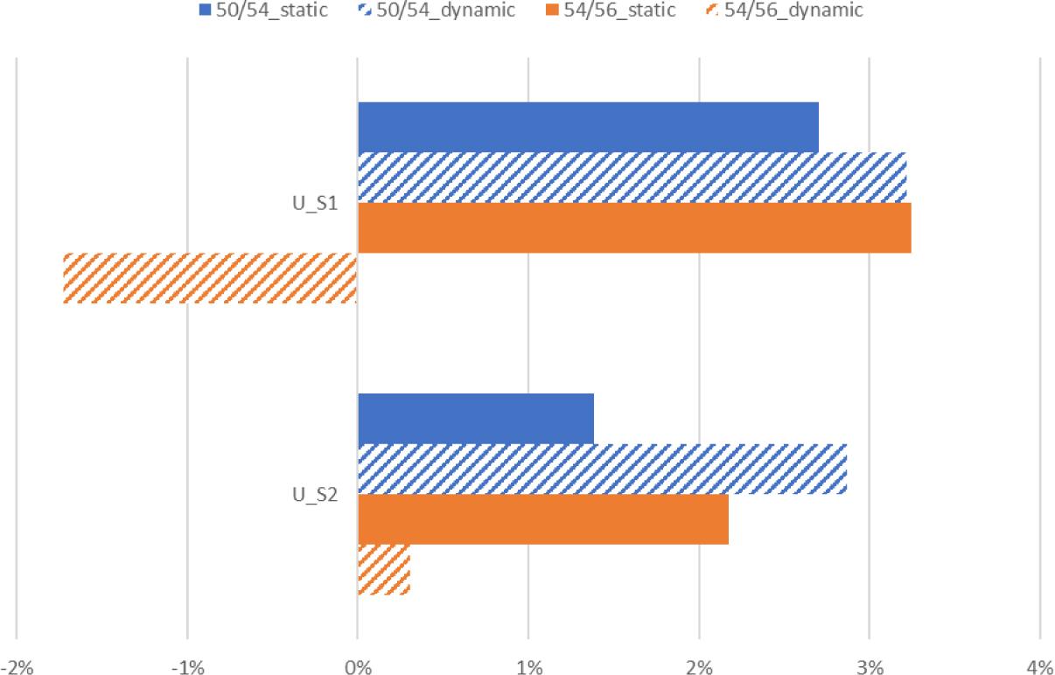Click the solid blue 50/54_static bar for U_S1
point(588,127)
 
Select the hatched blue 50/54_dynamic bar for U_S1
point(632,177)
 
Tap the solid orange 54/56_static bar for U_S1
point(634,228)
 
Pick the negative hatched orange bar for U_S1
point(210,278)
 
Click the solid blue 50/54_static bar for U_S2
point(476,419)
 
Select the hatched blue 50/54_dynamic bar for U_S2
point(602,469)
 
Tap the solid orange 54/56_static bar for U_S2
point(542,519)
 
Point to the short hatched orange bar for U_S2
point(384,570)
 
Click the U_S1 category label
point(316,203)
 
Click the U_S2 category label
point(316,495)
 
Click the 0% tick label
point(358,668)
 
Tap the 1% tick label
point(528,668)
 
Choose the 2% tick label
point(699,668)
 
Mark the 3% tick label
point(870,668)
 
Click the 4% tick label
point(1039,668)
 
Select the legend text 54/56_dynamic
point(793,10)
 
